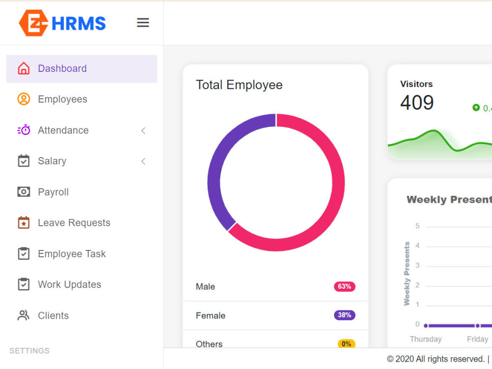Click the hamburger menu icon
(x=143, y=23)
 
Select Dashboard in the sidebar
(x=62, y=69)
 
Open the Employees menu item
(x=62, y=99)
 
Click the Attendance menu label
(x=63, y=130)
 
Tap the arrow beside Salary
(x=143, y=161)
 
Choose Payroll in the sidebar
(x=53, y=192)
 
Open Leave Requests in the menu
(x=74, y=223)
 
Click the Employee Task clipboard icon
(x=24, y=253)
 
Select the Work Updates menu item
(x=69, y=284)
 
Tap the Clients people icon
(x=24, y=315)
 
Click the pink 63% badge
(x=344, y=286)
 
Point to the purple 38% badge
(x=344, y=315)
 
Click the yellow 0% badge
(x=346, y=343)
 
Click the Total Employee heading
(x=239, y=85)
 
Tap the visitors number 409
(x=417, y=103)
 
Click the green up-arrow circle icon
(x=476, y=107)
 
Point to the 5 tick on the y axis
(x=418, y=226)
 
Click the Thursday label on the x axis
(x=426, y=339)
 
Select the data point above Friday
(x=477, y=326)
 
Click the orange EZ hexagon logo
(x=33, y=23)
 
